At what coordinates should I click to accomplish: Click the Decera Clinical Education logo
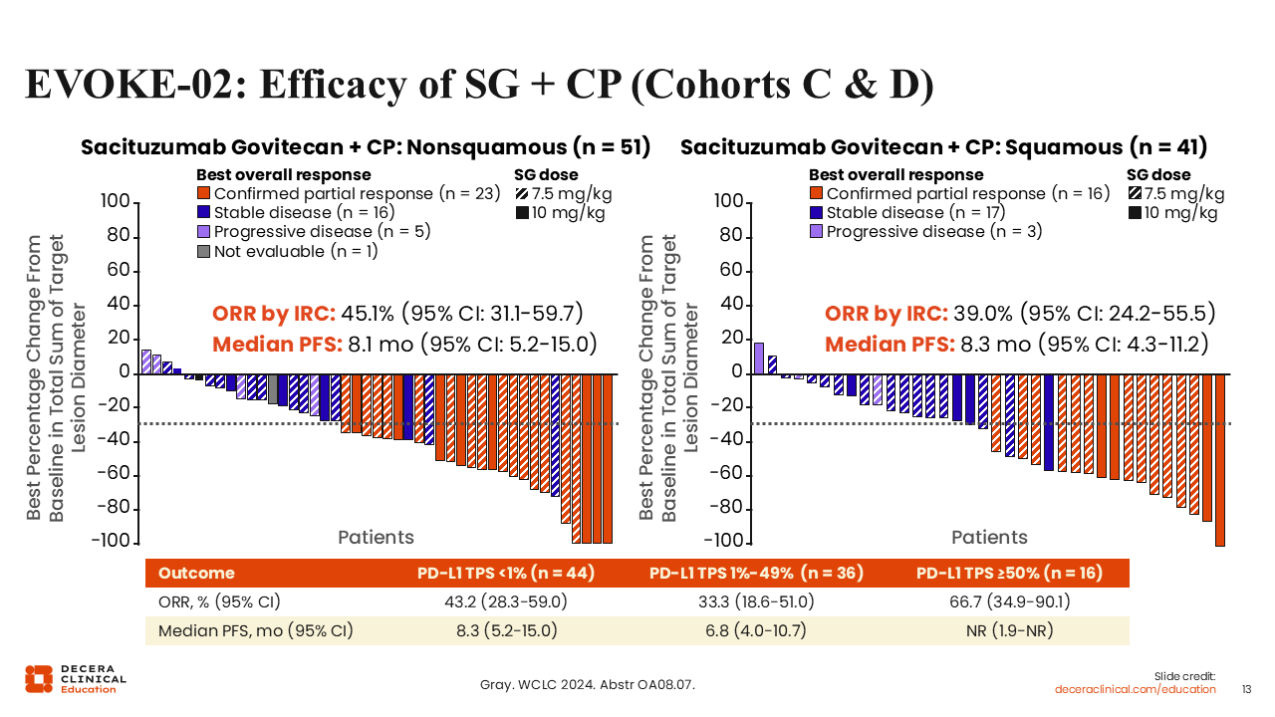[76, 678]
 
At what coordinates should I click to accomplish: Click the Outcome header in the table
[196, 573]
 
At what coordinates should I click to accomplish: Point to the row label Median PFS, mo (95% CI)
[256, 630]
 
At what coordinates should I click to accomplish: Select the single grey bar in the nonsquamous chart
[273, 388]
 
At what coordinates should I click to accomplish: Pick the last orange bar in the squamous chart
[1219, 459]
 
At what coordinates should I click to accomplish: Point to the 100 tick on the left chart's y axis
[117, 203]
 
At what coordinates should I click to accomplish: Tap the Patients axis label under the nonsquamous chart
[376, 538]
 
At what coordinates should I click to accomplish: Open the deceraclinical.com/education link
[1136, 689]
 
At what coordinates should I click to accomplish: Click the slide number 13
[1246, 689]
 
